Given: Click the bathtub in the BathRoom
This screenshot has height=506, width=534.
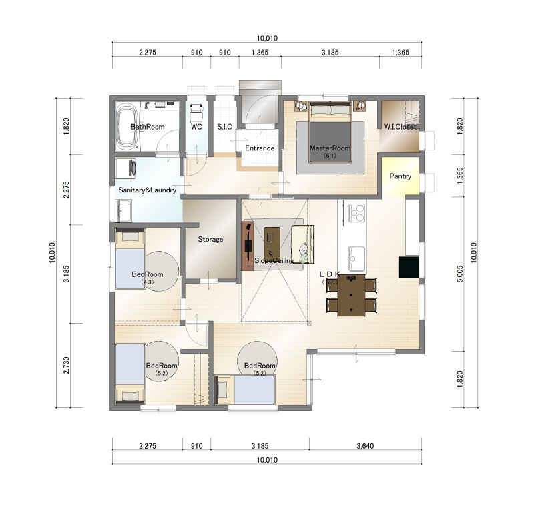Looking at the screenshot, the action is tap(126, 127).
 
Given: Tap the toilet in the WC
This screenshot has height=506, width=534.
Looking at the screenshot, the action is tap(196, 113).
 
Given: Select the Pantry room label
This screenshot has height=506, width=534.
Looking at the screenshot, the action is tap(400, 176).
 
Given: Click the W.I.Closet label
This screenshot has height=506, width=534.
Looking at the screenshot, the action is tap(400, 127).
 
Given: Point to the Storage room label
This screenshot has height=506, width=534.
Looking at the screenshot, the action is tap(210, 239).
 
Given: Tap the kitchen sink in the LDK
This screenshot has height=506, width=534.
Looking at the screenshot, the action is tap(356, 258).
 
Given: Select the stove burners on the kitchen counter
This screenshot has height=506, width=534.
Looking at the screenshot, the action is tap(356, 212).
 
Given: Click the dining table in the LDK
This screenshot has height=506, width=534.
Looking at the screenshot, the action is tap(352, 295).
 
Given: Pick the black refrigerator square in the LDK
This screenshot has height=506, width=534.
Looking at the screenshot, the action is tap(409, 267).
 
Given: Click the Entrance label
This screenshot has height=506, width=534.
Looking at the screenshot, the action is tap(260, 148).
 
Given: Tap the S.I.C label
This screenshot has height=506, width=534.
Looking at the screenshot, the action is tap(224, 127).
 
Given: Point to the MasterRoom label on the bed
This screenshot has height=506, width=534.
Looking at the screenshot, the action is tap(330, 148).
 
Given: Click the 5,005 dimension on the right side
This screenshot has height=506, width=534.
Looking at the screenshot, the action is tap(460, 274).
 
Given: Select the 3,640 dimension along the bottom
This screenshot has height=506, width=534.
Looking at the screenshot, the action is tap(365, 446).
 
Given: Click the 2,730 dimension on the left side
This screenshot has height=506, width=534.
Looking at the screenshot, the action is tap(66, 365).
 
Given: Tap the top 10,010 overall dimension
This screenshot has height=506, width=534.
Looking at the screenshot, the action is tap(267, 39).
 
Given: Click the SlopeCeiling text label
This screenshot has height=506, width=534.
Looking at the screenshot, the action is tap(274, 260).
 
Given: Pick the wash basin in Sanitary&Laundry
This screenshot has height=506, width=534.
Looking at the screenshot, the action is tap(124, 210).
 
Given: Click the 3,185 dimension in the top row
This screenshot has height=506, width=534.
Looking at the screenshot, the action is tap(330, 53).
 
